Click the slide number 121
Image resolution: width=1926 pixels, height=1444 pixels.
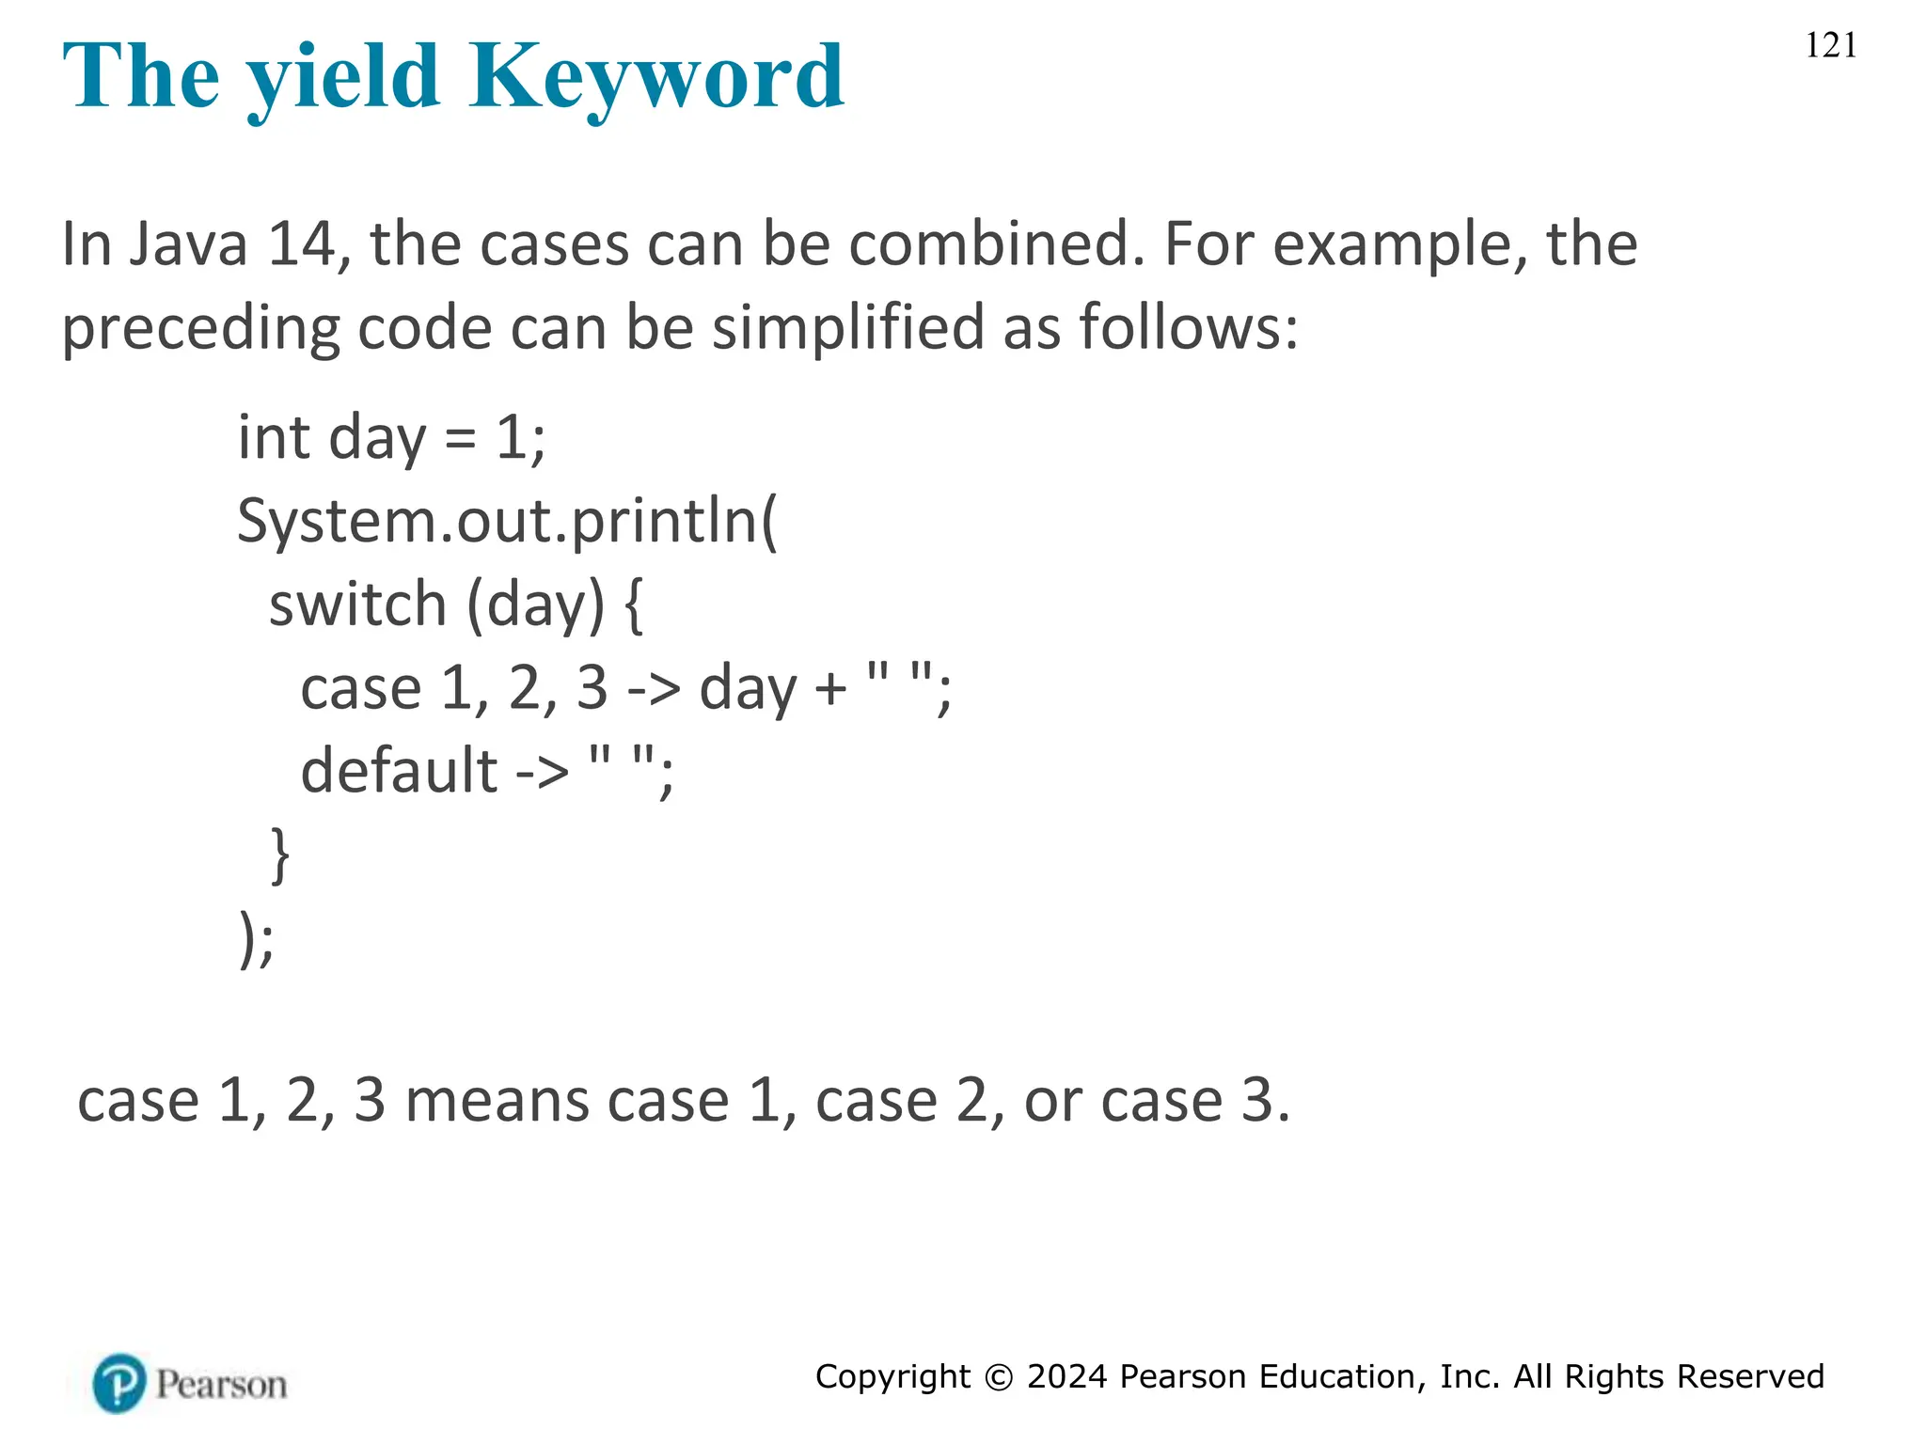(1830, 45)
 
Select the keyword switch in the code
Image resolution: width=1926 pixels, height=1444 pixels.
(357, 604)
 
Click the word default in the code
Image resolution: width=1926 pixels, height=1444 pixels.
(399, 771)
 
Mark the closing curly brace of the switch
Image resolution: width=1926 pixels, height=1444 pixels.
(279, 854)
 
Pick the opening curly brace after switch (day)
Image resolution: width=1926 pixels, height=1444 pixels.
(633, 604)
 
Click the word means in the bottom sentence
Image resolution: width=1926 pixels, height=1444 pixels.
(566, 1100)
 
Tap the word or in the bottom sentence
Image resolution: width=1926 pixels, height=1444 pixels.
(1052, 1102)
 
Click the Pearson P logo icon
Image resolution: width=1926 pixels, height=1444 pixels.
(119, 1383)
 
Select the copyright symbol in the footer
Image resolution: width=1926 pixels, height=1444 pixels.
(999, 1377)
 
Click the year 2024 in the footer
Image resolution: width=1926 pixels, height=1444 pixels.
(1066, 1376)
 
